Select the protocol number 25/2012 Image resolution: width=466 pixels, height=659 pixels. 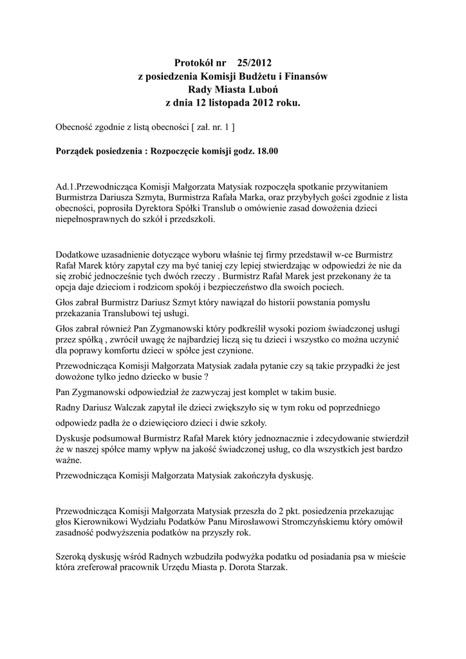pyautogui.click(x=254, y=62)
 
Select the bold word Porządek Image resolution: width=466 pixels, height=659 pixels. pyautogui.click(x=78, y=152)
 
